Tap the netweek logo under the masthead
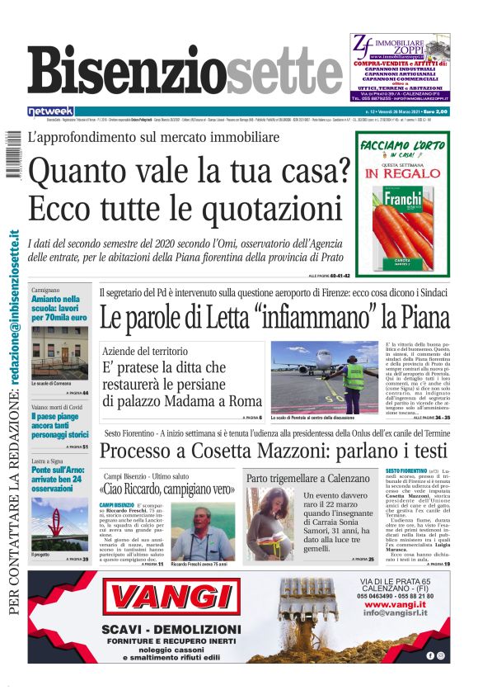(51, 111)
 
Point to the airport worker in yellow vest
(354, 379)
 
